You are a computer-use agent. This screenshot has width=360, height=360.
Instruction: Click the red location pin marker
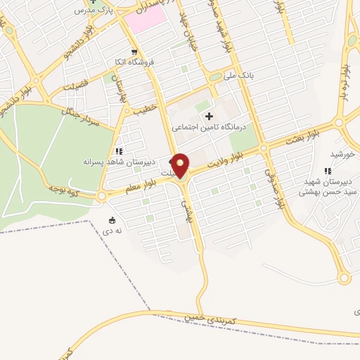pos(181,165)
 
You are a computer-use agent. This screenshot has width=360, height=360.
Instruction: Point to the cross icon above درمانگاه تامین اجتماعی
pos(208,115)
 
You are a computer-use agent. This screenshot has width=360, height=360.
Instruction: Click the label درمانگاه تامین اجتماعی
pos(208,127)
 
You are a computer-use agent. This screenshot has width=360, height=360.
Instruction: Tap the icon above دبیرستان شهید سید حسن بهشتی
pos(326,170)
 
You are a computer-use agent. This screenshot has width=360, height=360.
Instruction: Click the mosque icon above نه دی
pos(113,219)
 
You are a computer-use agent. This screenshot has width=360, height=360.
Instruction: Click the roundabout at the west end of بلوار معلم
pos(102,196)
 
